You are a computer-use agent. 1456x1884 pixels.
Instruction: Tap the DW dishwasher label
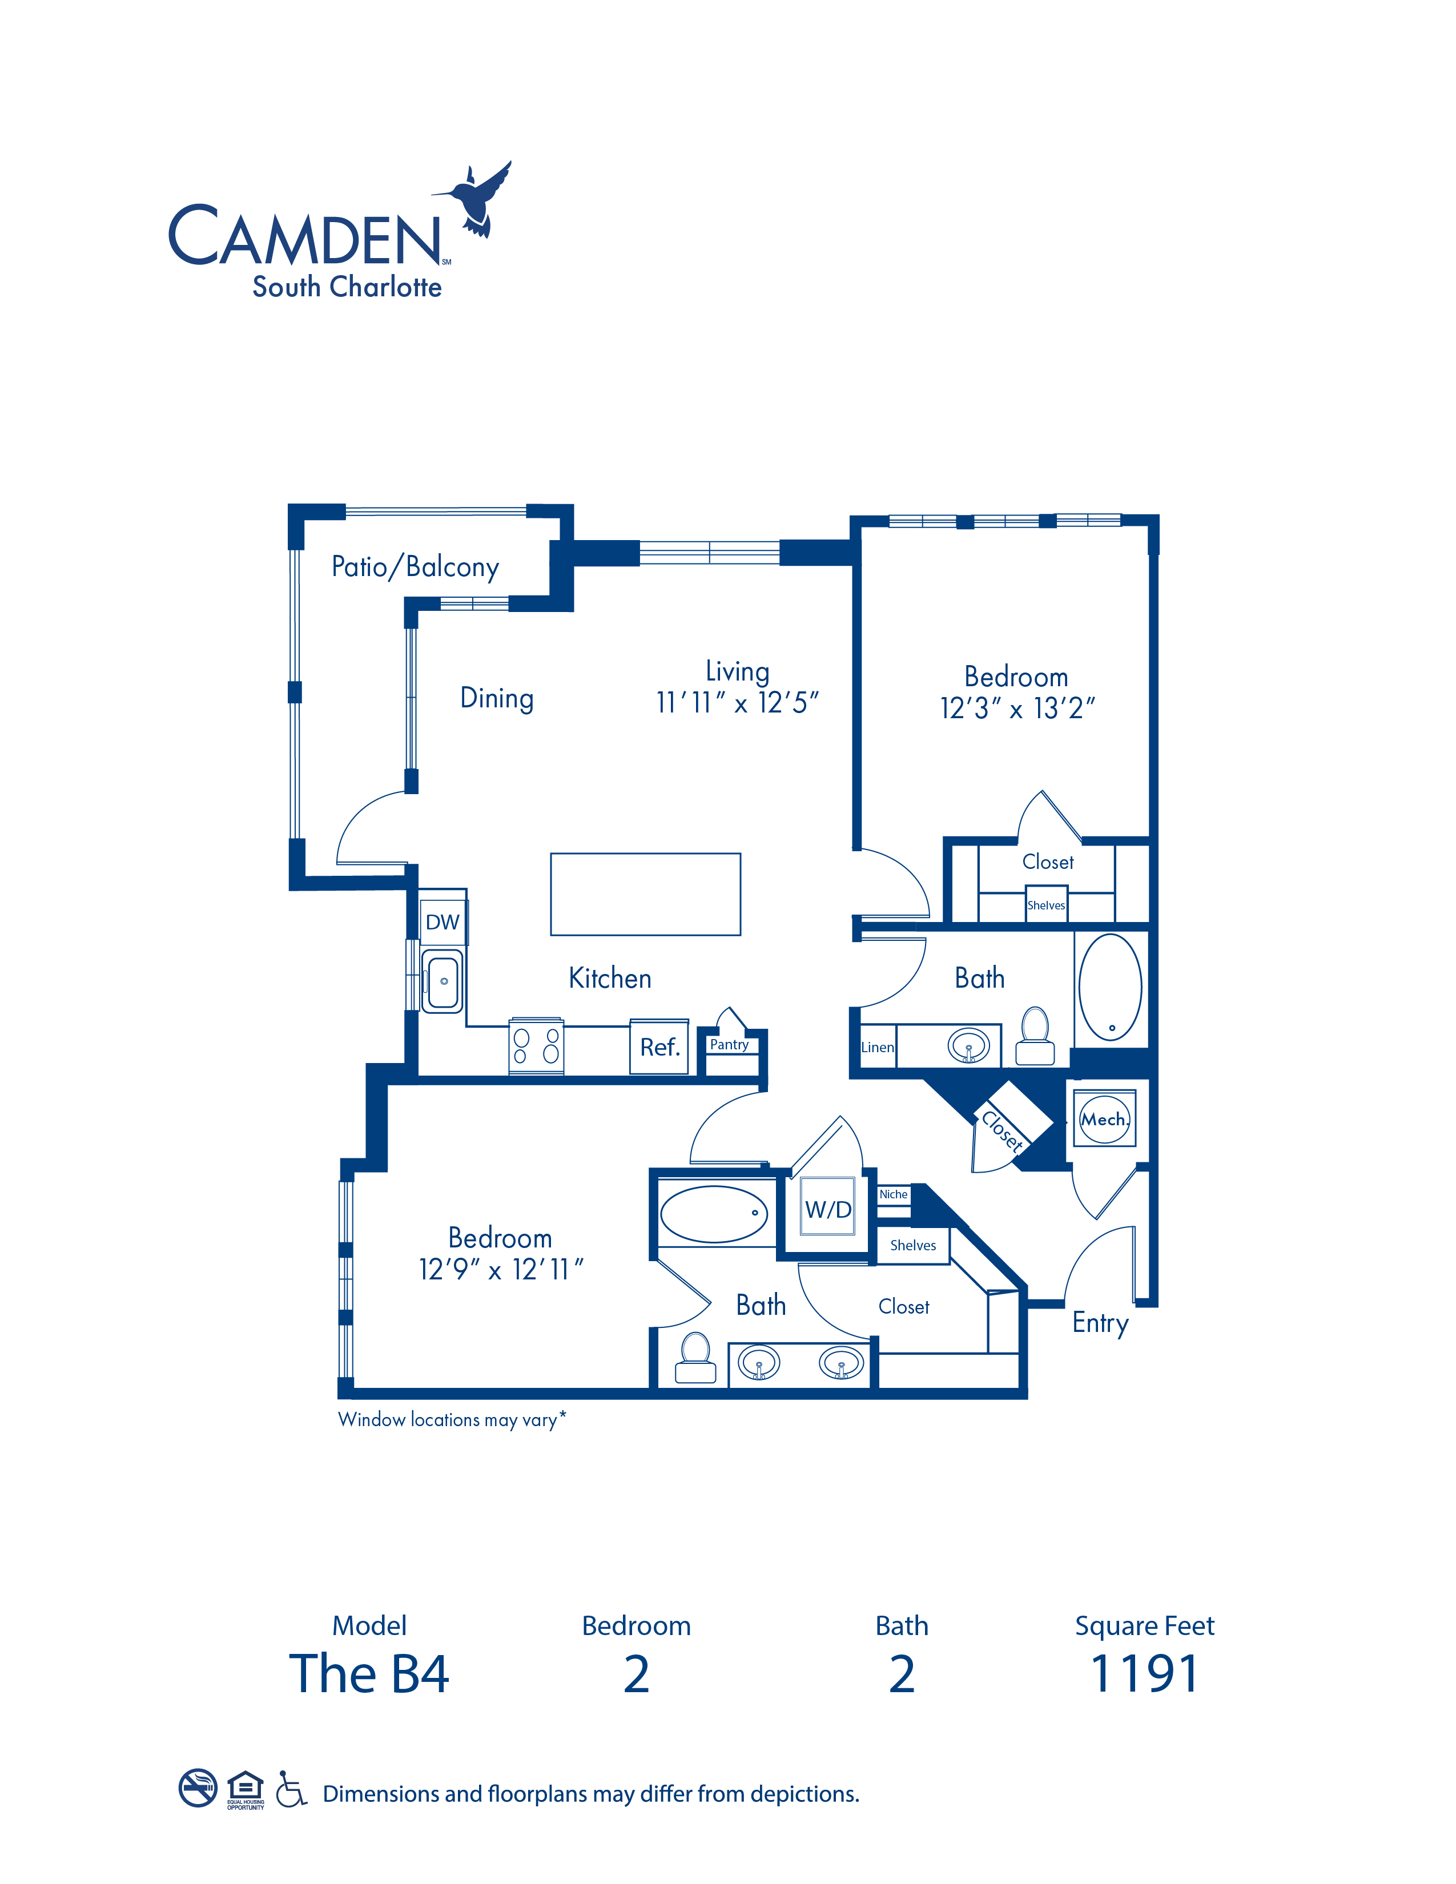443,922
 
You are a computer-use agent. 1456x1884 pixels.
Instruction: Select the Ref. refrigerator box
659,1047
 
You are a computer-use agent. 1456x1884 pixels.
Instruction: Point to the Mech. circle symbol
1104,1120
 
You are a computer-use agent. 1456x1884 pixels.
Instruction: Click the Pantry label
729,1045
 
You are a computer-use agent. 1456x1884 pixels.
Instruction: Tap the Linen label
877,1047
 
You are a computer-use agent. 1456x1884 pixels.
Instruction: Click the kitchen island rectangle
645,895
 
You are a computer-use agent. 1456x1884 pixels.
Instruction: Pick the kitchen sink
443,981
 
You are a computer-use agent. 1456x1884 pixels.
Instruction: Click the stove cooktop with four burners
536,1046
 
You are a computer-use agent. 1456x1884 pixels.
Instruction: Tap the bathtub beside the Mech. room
1111,988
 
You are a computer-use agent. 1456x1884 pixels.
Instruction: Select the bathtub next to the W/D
714,1214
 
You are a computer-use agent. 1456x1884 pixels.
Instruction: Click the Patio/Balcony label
415,567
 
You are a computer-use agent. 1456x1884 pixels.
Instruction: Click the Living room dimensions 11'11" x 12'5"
737,703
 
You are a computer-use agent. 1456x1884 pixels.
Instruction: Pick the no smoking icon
198,1788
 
